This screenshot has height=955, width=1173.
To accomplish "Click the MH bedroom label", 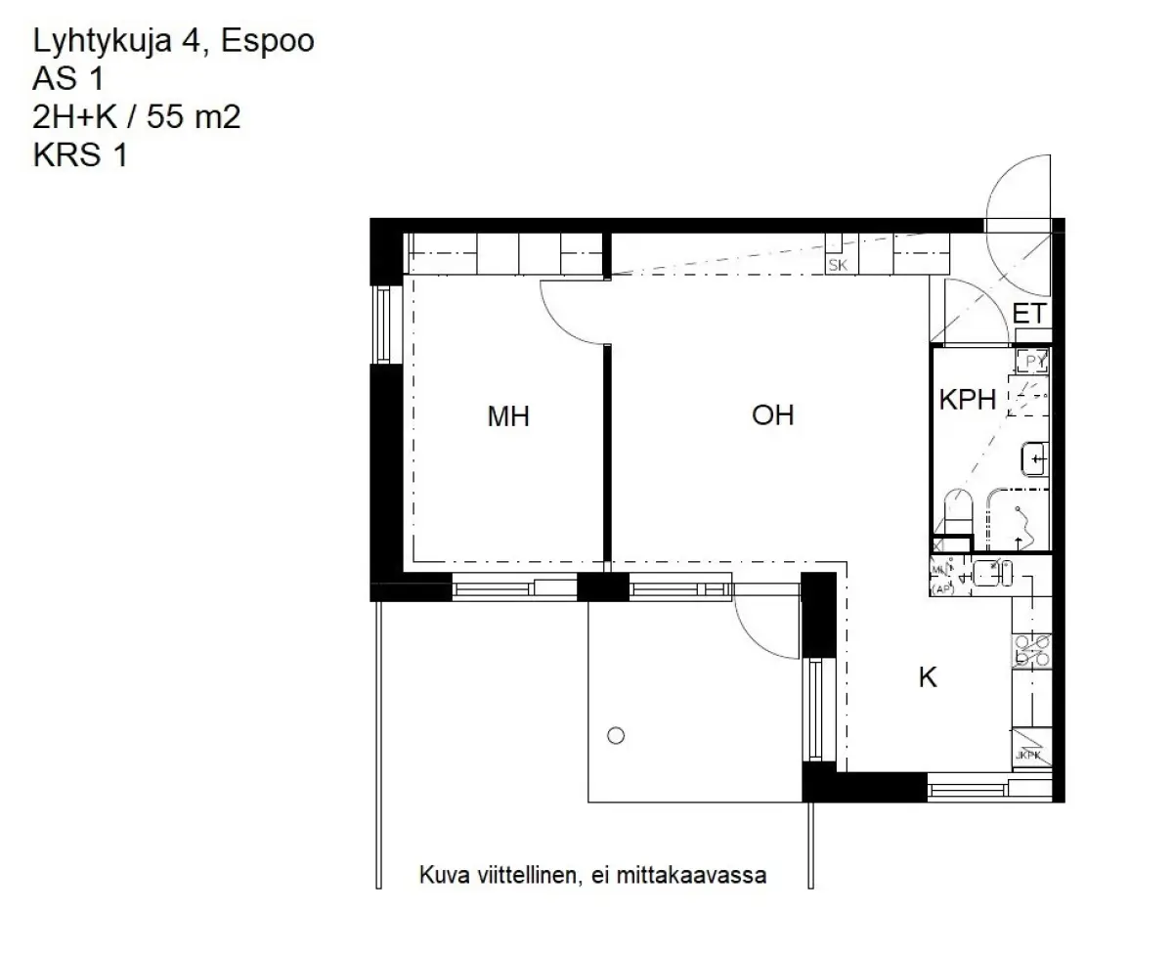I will (x=508, y=417).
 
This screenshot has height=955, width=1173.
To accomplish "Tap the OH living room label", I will (x=772, y=415).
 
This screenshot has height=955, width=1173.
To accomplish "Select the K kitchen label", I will (x=927, y=677).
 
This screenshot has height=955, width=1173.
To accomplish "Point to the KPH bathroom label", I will (x=967, y=400).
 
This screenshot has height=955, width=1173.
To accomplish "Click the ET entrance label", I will (x=1029, y=315).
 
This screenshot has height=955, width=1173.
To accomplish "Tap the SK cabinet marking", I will (x=838, y=265).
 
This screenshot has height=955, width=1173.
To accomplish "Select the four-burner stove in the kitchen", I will (x=1031, y=649).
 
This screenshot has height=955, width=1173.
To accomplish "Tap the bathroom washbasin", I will (x=1034, y=456).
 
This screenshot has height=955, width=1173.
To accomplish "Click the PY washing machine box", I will (x=1031, y=362).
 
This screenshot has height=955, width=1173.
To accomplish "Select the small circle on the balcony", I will (x=615, y=736).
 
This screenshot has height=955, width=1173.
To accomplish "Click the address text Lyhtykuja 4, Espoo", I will (x=174, y=42).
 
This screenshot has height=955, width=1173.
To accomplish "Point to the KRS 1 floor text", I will (x=80, y=155).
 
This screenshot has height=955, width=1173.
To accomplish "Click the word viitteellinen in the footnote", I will (x=520, y=875).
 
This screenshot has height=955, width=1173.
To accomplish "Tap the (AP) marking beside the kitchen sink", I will (x=941, y=588).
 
